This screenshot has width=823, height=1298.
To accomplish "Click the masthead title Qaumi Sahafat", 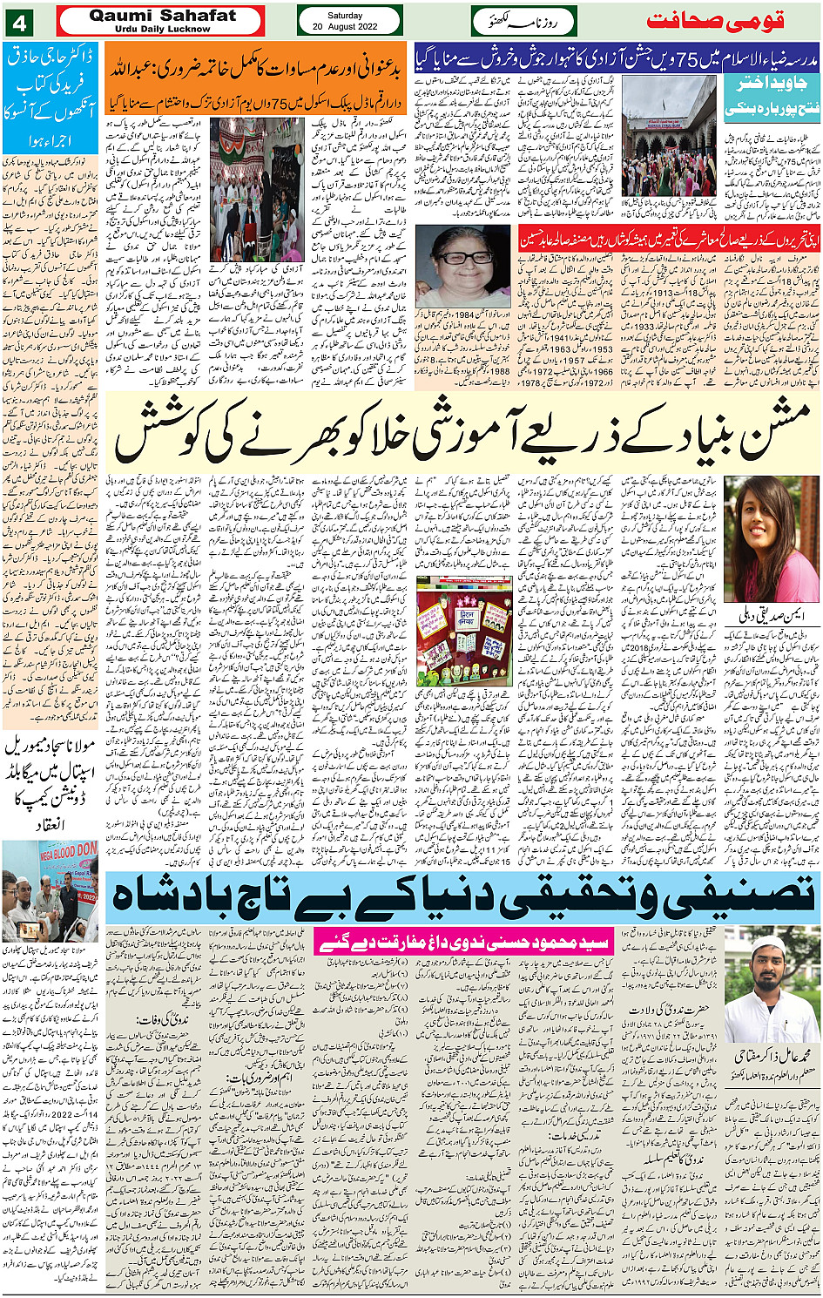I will click(x=162, y=15).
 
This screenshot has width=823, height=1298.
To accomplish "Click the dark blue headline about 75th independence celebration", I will click(x=617, y=57).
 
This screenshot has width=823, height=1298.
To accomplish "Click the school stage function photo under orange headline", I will click(x=257, y=188).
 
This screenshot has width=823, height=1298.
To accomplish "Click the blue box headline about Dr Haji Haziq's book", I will click(x=50, y=96).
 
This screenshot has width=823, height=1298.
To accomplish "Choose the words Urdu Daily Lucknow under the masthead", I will click(x=162, y=29).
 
